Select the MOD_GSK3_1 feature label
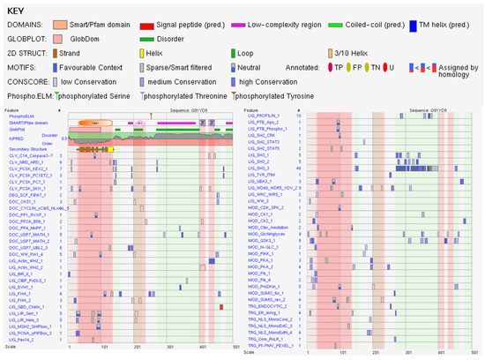(261, 264)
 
